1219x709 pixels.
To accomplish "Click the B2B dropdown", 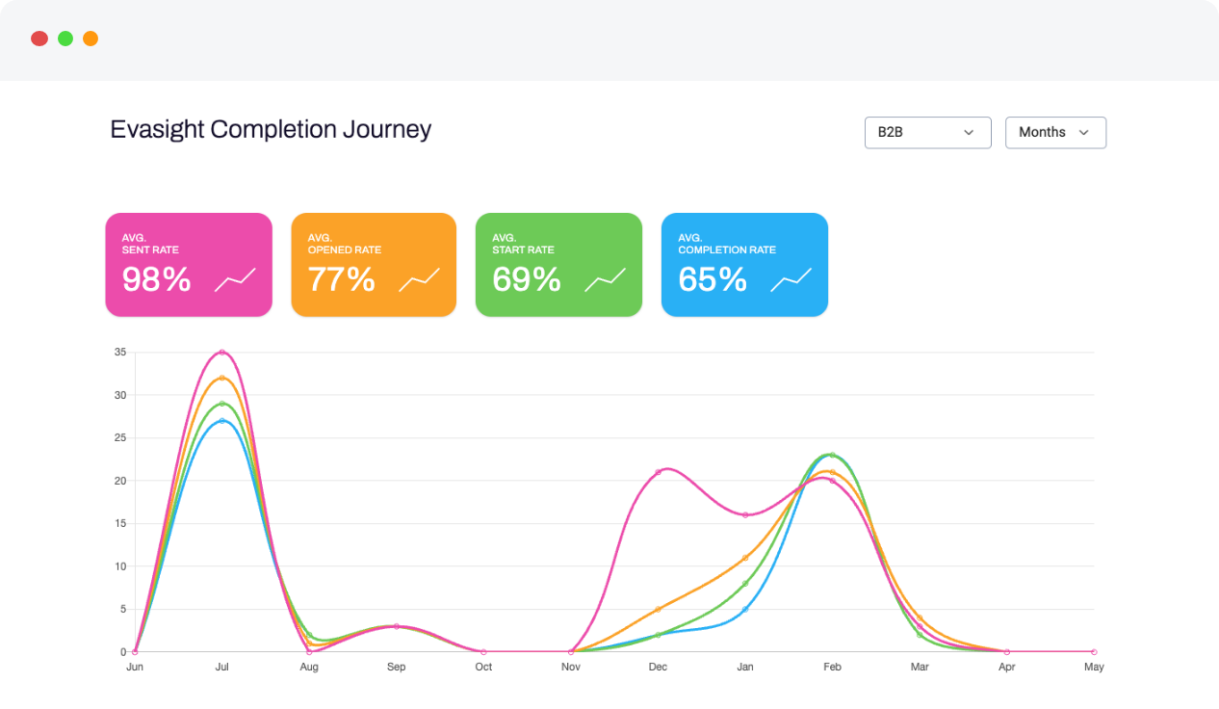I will click(927, 133).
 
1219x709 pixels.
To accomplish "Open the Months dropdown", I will click(1055, 133).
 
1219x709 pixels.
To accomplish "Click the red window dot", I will click(39, 39).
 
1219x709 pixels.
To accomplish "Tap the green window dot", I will click(65, 39).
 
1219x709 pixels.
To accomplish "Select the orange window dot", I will click(91, 39).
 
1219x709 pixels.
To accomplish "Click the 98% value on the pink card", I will click(156, 279).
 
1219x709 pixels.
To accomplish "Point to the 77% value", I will click(341, 279).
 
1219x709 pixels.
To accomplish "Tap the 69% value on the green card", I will click(526, 279).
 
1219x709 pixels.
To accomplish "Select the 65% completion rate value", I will click(713, 279).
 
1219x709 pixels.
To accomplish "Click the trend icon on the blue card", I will click(791, 279).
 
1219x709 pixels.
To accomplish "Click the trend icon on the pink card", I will click(235, 279).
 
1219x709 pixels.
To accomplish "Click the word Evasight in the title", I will click(157, 129).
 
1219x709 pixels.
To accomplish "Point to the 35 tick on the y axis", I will click(119, 353).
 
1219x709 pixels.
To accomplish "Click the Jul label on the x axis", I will click(221, 667).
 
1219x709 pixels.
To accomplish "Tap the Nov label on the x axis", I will click(570, 667).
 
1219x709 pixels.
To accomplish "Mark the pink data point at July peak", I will click(221, 353).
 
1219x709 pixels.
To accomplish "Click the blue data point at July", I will click(221, 421).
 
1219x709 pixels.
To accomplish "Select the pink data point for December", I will click(658, 472).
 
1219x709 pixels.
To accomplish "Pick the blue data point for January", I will click(745, 609).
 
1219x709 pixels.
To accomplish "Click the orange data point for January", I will click(745, 558).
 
